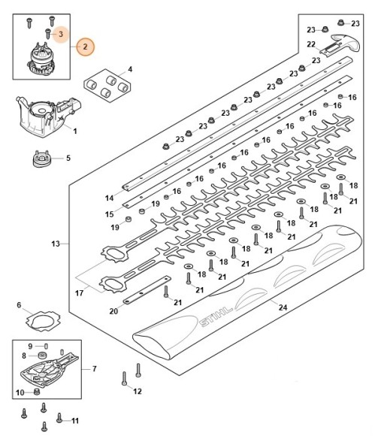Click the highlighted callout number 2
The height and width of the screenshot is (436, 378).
pyautogui.click(x=85, y=47)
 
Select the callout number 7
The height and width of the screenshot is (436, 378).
pyautogui.click(x=94, y=368)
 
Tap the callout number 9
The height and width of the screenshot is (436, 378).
pyautogui.click(x=31, y=345)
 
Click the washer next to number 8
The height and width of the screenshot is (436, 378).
pyautogui.click(x=44, y=356)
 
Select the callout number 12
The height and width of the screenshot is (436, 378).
pyautogui.click(x=136, y=391)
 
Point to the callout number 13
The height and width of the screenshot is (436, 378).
pyautogui.click(x=55, y=244)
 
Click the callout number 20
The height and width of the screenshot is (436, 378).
pyautogui.click(x=113, y=312)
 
